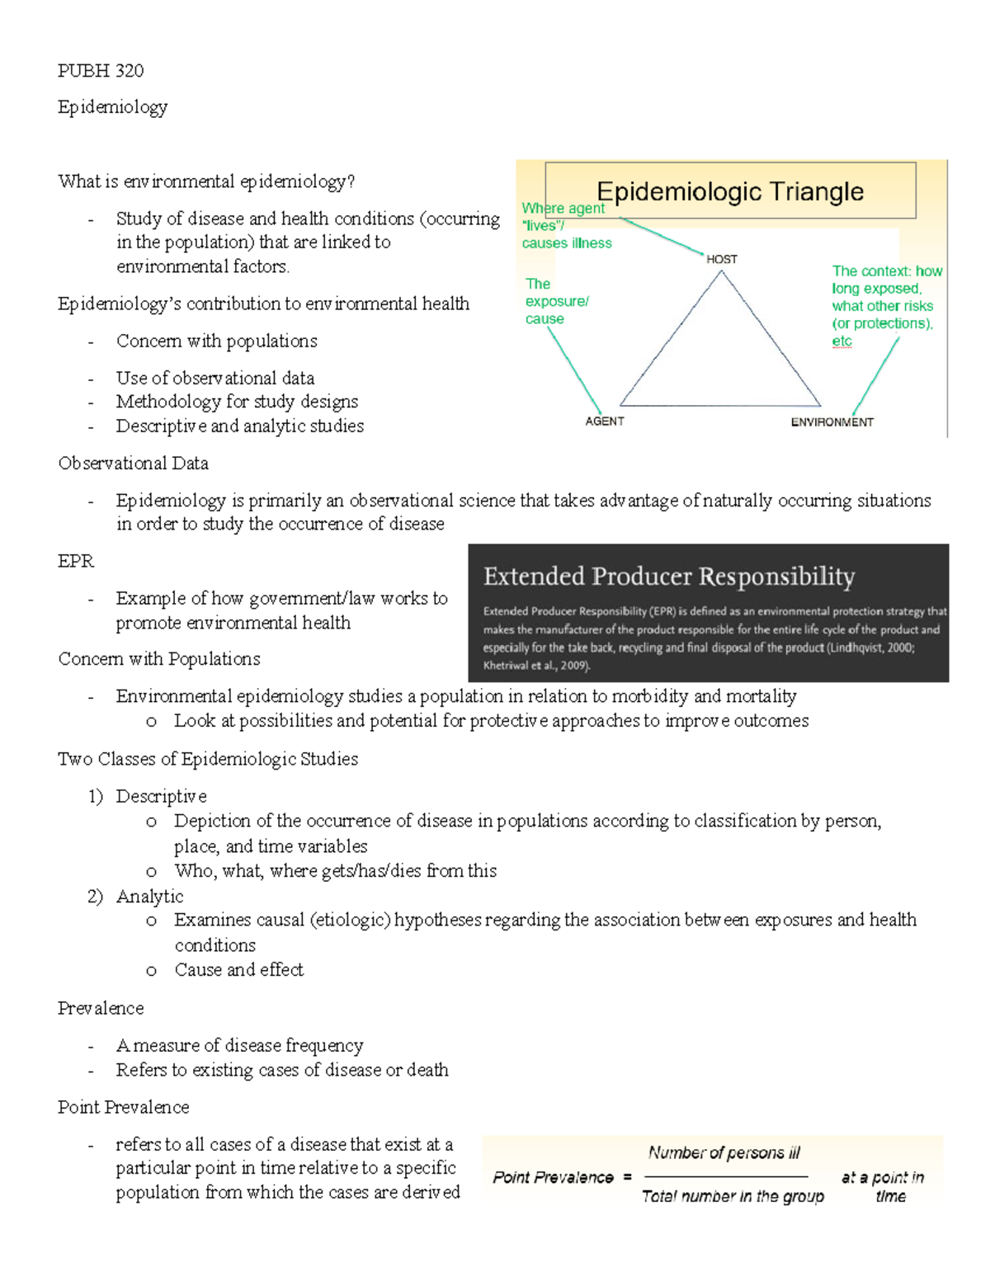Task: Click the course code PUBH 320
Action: (101, 71)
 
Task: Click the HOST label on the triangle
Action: (722, 259)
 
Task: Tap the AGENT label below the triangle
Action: (605, 422)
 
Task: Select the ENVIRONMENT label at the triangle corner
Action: (832, 422)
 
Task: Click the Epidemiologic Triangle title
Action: (730, 191)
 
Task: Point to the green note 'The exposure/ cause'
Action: (556, 301)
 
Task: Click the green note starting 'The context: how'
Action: (886, 305)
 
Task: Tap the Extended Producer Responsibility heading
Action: (669, 576)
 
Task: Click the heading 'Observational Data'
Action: (133, 464)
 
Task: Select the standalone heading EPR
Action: (76, 561)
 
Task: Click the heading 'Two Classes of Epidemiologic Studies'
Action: (208, 759)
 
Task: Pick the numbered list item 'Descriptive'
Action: (161, 796)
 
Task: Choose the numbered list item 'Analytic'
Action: (149, 896)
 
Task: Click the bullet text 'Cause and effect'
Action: (238, 970)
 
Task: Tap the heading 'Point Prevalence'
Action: (124, 1107)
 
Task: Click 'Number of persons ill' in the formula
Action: (724, 1152)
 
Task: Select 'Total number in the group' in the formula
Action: (733, 1196)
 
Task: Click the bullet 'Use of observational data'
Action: (214, 378)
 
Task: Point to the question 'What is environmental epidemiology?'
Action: (206, 181)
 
